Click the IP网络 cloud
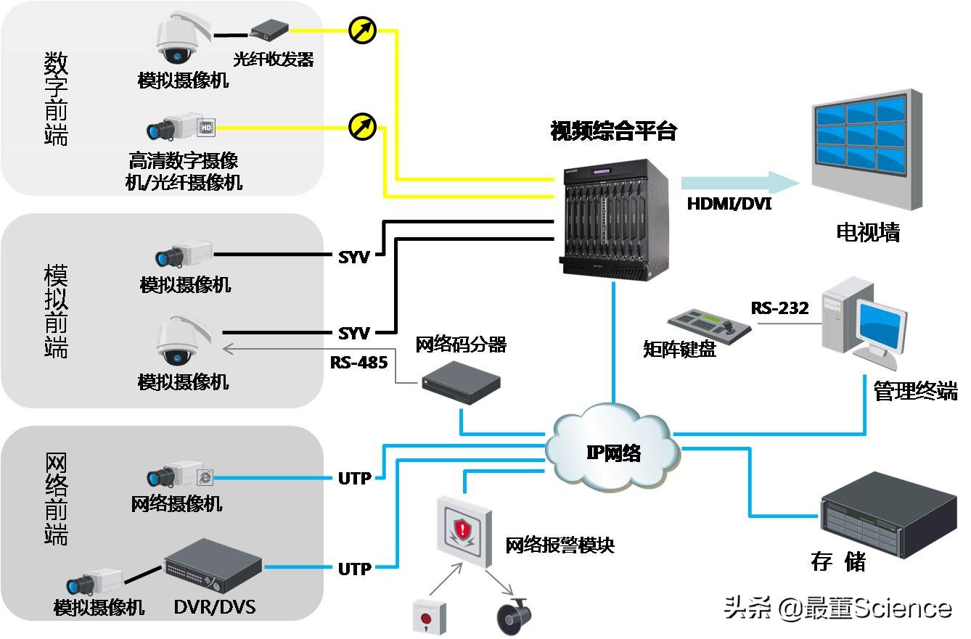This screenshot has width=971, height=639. [614, 451]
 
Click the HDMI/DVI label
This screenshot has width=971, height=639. [729, 205]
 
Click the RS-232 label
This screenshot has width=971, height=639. [779, 308]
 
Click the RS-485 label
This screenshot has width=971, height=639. [359, 362]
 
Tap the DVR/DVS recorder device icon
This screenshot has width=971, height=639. [213, 566]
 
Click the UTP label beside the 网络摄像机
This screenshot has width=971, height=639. [354, 479]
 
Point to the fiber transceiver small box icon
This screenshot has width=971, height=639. [269, 30]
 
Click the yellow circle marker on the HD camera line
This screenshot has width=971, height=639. [362, 128]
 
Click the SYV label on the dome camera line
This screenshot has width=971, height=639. [354, 334]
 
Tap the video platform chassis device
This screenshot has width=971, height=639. [614, 220]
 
